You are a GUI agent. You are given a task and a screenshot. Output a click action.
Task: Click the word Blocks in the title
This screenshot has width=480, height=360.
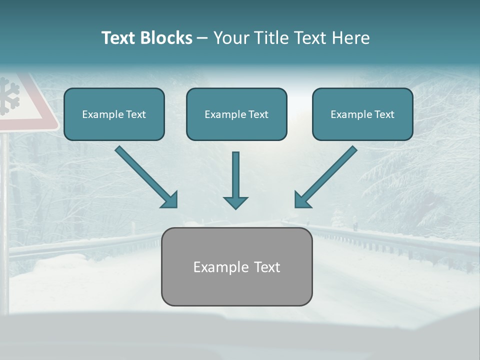[166, 38]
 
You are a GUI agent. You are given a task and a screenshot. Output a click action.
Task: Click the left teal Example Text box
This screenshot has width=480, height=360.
[114, 114]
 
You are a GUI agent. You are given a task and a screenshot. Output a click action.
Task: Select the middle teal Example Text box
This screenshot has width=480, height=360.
[236, 114]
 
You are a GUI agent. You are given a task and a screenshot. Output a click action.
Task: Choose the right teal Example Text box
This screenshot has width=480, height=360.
[362, 114]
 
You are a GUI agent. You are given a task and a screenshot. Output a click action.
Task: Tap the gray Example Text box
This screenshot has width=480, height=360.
[236, 266]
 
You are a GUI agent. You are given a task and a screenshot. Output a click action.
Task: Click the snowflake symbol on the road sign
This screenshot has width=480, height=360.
[9, 96]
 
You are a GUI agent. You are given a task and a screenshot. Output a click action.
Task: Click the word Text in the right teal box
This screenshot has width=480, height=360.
[384, 114]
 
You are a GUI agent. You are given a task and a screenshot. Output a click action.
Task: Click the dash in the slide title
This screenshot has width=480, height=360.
[202, 38]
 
